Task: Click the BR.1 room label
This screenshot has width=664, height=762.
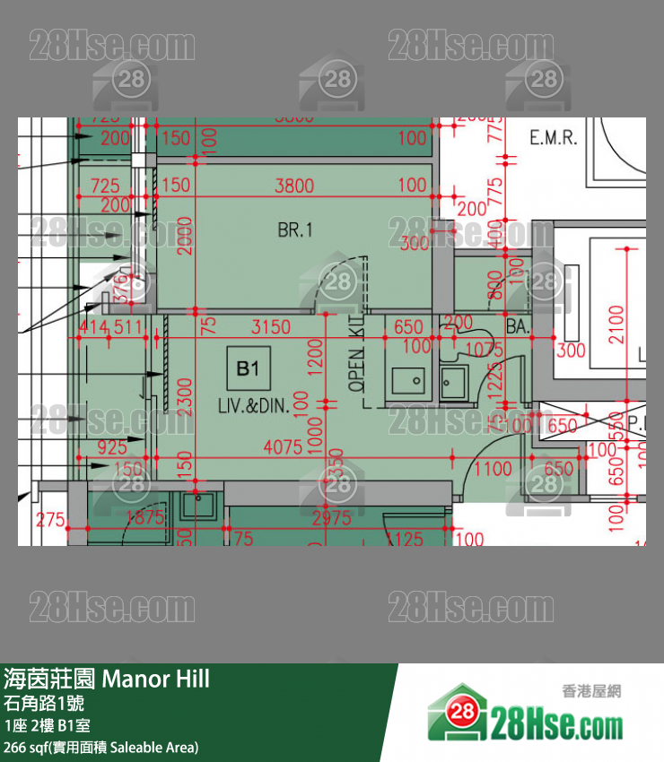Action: click(294, 230)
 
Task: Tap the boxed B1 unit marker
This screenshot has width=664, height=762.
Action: click(248, 368)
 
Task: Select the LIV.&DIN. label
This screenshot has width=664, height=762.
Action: click(253, 405)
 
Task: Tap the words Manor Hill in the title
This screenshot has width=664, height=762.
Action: click(156, 679)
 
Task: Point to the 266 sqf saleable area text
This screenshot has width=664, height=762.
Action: click(101, 747)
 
